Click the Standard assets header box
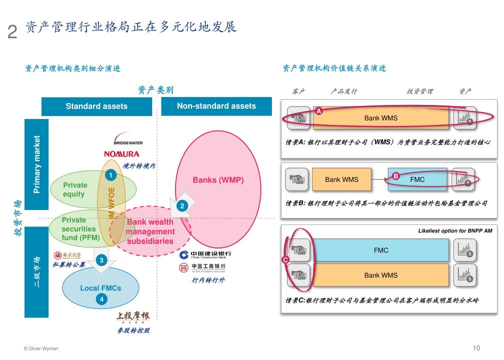[x=96, y=106]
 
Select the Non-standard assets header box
[x=216, y=106]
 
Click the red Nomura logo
[x=121, y=154]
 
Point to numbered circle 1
[x=109, y=175]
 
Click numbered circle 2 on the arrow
[x=182, y=206]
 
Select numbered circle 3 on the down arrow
[x=101, y=260]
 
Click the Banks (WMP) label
[x=218, y=180]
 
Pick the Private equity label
[x=75, y=189]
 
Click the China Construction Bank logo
[x=205, y=255]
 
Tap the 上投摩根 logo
[x=133, y=317]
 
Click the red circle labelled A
[x=319, y=111]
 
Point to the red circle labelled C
[x=285, y=259]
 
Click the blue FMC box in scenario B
[x=417, y=179]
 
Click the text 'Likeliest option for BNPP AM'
[x=455, y=231]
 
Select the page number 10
[x=476, y=348]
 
